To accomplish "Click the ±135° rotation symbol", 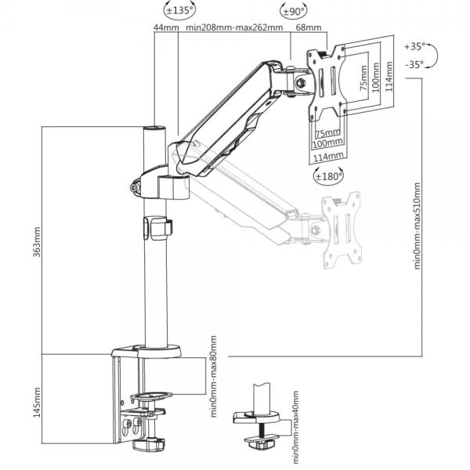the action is (x=180, y=10).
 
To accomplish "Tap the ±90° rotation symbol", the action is (x=294, y=11).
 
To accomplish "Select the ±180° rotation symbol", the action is (x=328, y=176).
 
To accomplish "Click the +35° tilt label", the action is (x=415, y=46).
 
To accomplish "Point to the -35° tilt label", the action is (x=414, y=64).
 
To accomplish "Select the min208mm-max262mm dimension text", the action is (x=234, y=27).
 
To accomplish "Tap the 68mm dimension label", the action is (x=309, y=27).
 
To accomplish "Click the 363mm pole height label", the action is (x=37, y=241).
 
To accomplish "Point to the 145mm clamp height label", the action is (x=37, y=403).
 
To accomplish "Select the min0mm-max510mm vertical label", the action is (x=417, y=226).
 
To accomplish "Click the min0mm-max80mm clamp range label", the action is (x=213, y=377).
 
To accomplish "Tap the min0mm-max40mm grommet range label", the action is (x=295, y=429).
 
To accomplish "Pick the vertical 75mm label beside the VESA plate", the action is (x=363, y=78).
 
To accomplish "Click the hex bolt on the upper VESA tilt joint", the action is (x=300, y=83).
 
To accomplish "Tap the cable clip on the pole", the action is (x=157, y=228).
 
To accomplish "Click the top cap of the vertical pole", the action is (x=154, y=128).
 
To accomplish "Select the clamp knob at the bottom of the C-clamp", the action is (x=149, y=444).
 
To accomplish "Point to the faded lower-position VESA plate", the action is (x=342, y=230).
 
